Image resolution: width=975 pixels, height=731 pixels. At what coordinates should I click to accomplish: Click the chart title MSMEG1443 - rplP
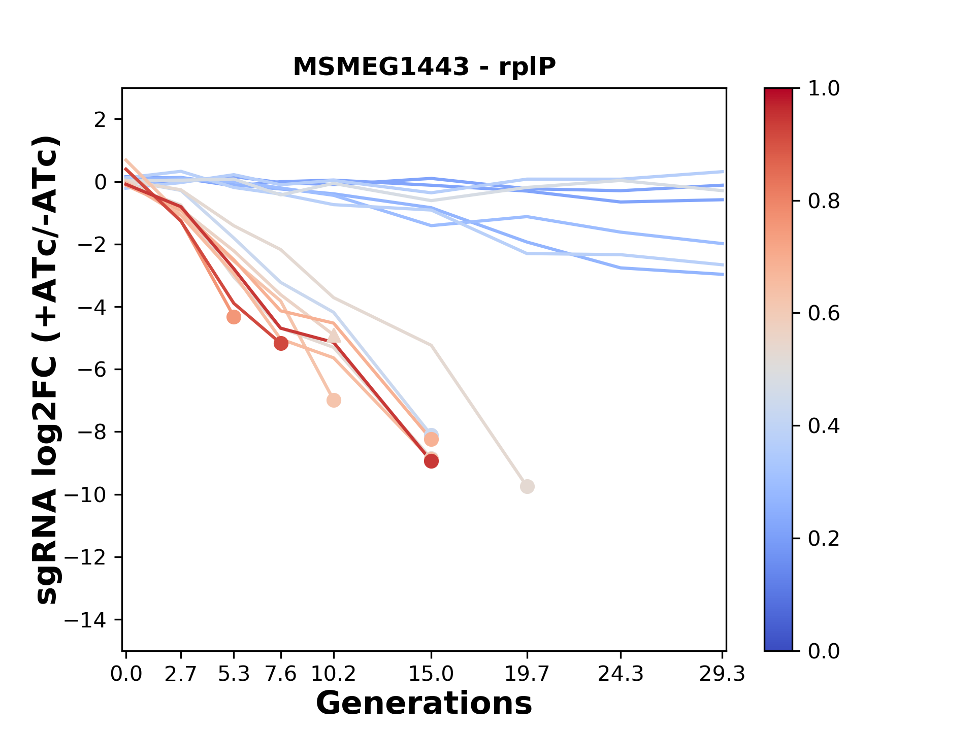click(424, 67)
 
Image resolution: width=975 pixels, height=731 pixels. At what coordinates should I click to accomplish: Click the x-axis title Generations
click(424, 704)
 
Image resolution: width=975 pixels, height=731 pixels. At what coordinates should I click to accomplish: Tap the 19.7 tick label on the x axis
click(527, 674)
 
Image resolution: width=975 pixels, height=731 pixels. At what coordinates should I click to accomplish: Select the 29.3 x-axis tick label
click(722, 674)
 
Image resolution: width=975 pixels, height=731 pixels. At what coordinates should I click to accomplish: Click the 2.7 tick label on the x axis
click(181, 674)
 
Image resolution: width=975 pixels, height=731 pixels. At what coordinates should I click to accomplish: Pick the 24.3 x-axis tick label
click(621, 674)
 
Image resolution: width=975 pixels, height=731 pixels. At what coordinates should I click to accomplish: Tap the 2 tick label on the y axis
click(101, 120)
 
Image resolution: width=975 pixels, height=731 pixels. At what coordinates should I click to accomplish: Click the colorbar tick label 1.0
click(824, 89)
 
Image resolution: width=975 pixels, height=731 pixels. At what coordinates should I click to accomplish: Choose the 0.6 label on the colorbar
click(824, 314)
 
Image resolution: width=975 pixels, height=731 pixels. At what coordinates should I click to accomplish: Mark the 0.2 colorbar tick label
click(824, 539)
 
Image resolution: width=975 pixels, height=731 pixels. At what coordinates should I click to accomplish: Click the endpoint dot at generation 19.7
click(527, 486)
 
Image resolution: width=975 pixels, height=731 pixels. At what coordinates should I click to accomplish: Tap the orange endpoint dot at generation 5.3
click(234, 317)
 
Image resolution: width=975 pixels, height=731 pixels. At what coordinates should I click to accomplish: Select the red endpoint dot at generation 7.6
click(281, 344)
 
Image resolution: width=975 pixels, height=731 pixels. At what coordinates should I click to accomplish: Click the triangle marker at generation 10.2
click(333, 336)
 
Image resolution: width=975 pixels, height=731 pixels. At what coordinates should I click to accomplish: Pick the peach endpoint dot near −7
click(333, 400)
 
